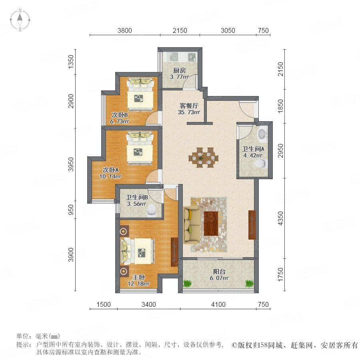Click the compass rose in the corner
click(20, 20)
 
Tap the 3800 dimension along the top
click(125, 30)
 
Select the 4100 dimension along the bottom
click(218, 304)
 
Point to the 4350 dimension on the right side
click(280, 218)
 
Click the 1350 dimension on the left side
click(71, 62)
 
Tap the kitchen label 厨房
click(179, 70)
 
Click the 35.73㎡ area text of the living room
click(189, 112)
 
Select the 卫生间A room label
click(253, 149)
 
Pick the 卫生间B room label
click(137, 197)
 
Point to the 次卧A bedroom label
click(110, 170)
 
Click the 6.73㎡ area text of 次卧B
click(119, 122)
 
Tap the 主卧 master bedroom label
click(139, 277)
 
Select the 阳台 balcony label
click(219, 272)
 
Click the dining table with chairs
click(204, 158)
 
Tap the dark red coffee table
click(211, 224)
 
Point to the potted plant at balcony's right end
click(249, 283)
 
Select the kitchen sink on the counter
click(174, 56)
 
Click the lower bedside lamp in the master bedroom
click(124, 271)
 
